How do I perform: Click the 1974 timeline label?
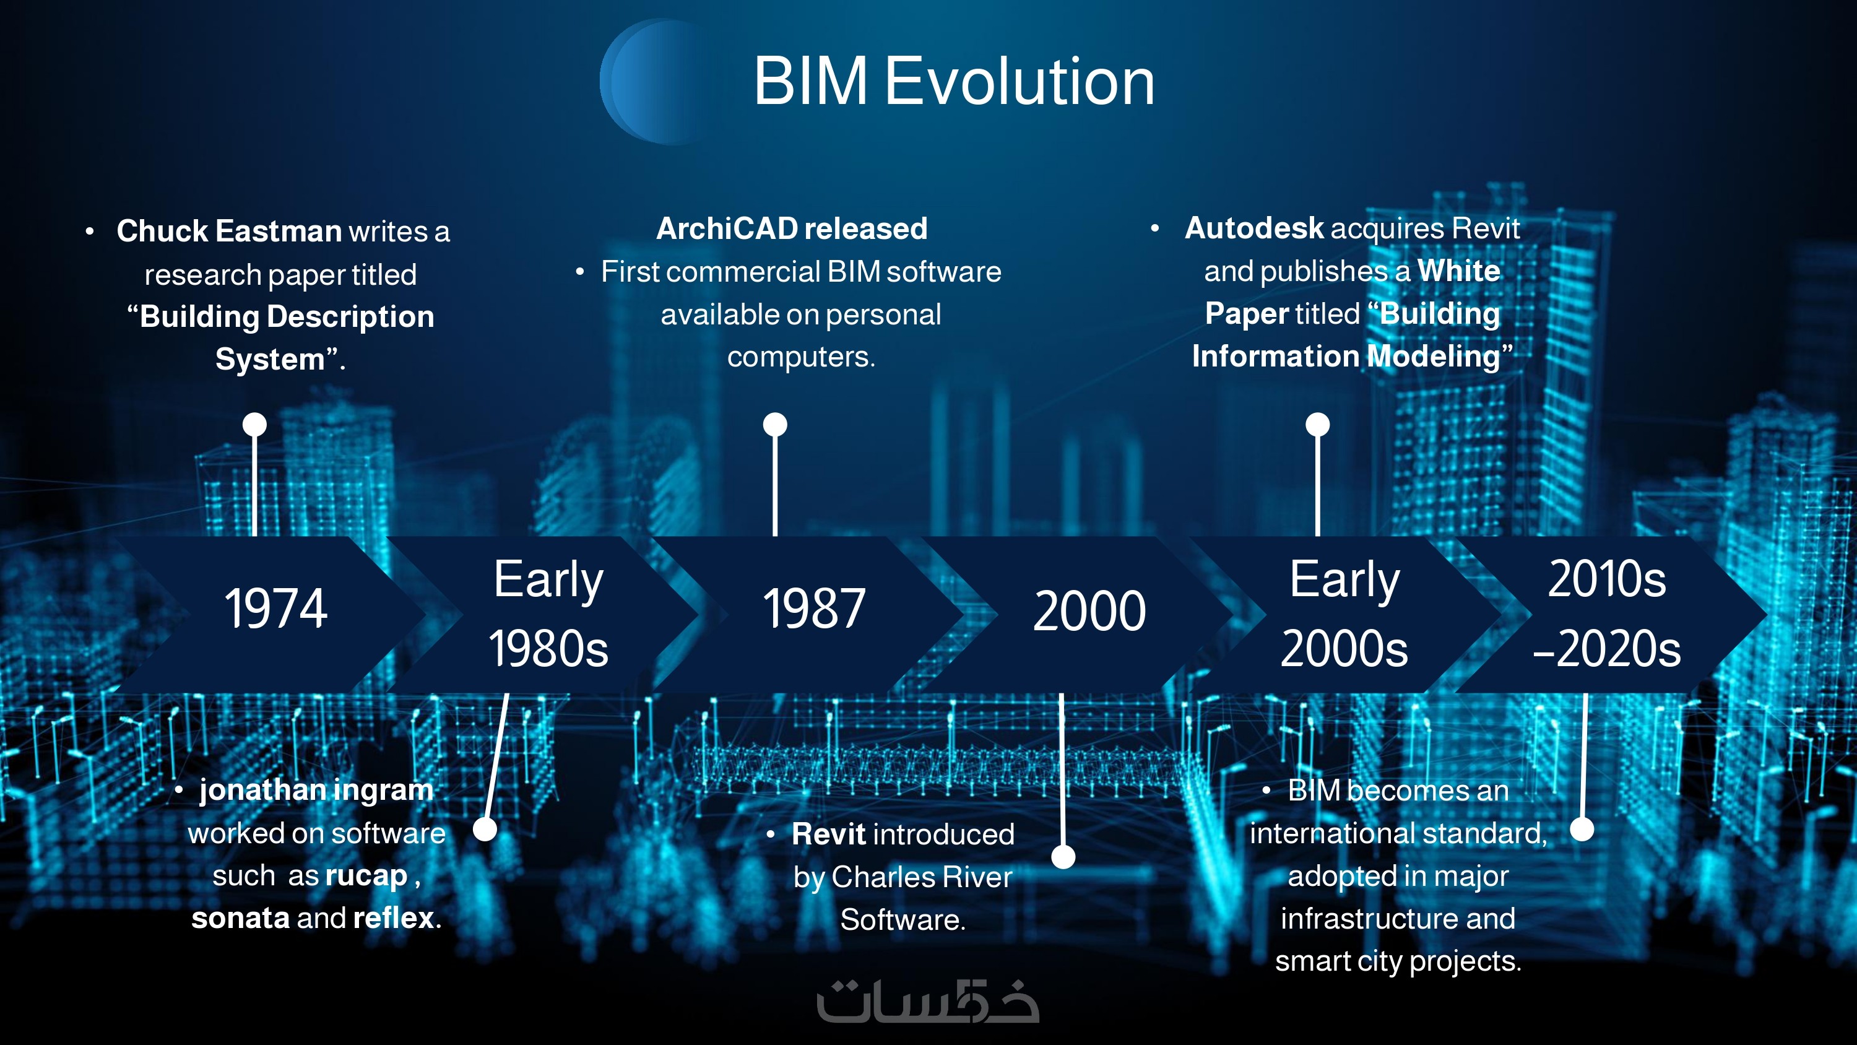(275, 609)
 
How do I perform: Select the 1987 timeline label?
(814, 609)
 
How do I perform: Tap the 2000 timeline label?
(1089, 611)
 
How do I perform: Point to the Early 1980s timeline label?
(548, 613)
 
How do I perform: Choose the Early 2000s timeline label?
(1344, 613)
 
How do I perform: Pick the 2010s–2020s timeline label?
(1607, 613)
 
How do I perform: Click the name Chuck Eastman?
(229, 232)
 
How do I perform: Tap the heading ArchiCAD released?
(792, 228)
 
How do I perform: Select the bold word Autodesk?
(1254, 228)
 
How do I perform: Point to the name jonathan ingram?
(316, 791)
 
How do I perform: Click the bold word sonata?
(240, 918)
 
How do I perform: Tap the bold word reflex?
(394, 918)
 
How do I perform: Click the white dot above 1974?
(254, 424)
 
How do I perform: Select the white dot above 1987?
(775, 424)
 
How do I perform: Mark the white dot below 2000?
(1063, 857)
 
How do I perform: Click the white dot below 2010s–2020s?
(1582, 830)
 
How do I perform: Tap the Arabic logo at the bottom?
(928, 1001)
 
